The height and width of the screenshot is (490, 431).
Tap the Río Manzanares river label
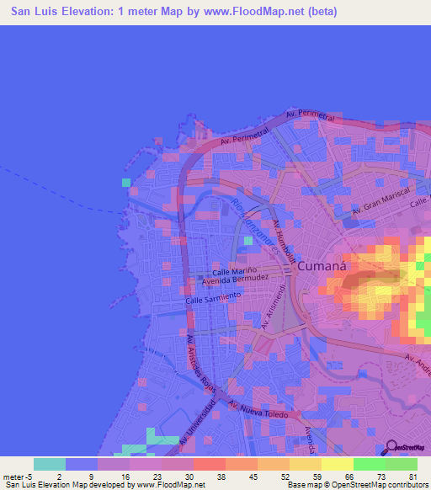[x=247, y=220]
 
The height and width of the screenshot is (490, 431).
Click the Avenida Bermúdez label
[x=239, y=280]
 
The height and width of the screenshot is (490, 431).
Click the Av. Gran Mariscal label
[x=374, y=209]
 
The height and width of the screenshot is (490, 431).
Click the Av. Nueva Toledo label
[x=262, y=408]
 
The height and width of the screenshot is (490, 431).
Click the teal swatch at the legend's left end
[x=50, y=464]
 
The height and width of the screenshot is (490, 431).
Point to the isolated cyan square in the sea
[x=126, y=182]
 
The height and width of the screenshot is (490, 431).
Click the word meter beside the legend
[x=13, y=476]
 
